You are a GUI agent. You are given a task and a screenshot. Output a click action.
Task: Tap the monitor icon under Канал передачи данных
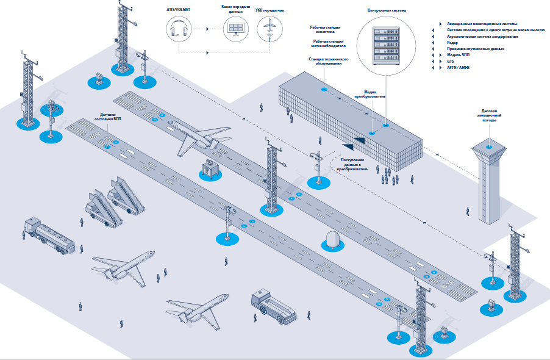coord(235,28)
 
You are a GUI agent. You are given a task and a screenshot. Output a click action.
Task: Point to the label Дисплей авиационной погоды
coord(488,116)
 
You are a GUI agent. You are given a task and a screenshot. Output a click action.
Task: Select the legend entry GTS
coord(451,62)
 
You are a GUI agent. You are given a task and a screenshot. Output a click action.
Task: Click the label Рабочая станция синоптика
coord(325,30)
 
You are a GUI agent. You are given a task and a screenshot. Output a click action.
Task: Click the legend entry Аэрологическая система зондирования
coord(482,36)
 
